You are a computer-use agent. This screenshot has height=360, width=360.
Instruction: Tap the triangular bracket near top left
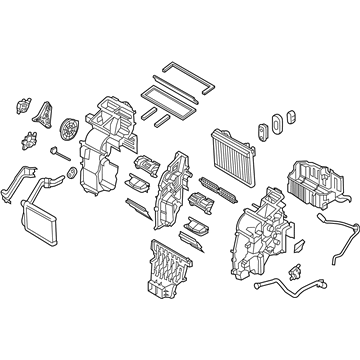coord(43,118)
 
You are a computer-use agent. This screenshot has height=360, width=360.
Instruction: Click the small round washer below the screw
coord(71,176)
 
